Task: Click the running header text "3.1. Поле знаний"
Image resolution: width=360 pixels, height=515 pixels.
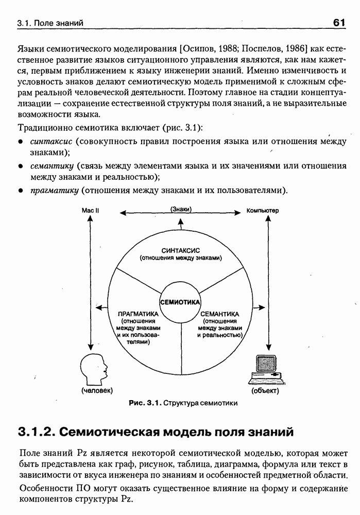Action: coord(50,23)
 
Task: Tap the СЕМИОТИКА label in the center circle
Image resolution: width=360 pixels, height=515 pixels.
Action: coord(180,302)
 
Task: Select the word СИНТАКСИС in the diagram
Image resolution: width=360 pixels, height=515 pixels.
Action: coord(180,250)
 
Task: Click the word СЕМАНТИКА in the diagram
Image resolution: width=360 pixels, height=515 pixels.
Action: coord(219,314)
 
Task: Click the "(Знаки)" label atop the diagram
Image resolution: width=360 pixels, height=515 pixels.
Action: coord(180,210)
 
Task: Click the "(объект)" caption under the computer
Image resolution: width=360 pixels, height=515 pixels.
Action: coord(265,391)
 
